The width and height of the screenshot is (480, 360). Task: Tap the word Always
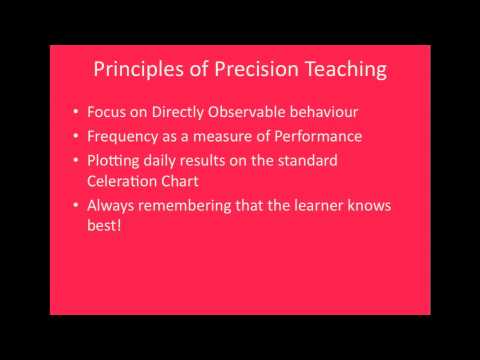tap(114, 206)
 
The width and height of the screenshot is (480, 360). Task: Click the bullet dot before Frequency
tap(79, 136)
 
